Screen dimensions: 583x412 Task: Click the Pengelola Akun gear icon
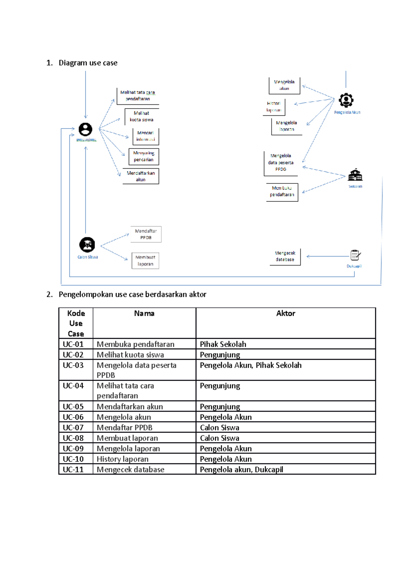(346, 100)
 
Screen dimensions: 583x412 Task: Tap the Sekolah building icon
(355, 175)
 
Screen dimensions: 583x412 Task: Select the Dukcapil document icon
(355, 255)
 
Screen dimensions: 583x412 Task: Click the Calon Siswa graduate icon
(87, 245)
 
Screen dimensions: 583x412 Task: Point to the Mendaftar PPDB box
(146, 234)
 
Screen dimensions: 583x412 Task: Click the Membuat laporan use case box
(145, 261)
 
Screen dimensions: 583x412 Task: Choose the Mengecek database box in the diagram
(285, 257)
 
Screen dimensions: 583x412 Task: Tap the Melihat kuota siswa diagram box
(141, 116)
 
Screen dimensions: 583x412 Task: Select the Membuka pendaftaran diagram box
(282, 192)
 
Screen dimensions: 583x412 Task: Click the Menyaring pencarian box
(144, 156)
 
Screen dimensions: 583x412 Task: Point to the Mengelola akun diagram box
(284, 85)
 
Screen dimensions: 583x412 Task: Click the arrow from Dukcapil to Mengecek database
(328, 256)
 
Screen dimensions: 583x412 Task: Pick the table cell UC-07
(73, 427)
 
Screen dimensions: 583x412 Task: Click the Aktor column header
(285, 313)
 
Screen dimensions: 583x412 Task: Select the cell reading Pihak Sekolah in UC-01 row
(223, 344)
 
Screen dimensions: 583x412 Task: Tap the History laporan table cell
(123, 459)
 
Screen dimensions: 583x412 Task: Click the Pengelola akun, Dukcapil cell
(241, 470)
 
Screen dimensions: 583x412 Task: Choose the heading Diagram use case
(88, 63)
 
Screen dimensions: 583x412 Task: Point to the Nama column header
(144, 313)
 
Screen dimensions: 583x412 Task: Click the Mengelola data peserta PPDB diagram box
(281, 163)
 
